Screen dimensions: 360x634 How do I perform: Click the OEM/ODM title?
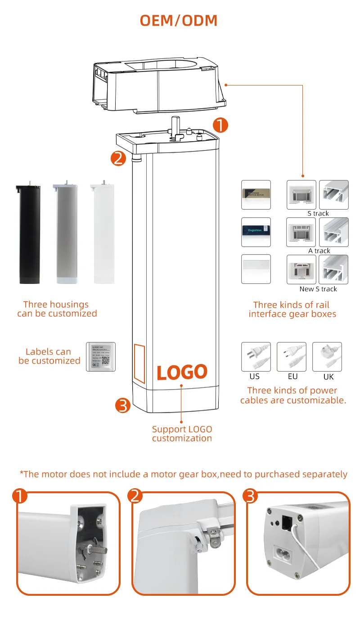179,20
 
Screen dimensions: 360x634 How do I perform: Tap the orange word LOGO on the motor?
182,372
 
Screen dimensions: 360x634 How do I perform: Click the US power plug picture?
256,357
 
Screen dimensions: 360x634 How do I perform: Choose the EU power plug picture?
291,357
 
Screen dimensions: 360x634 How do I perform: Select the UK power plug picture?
327,357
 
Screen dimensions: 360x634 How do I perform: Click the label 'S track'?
318,213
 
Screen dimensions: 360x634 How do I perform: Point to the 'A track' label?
319,251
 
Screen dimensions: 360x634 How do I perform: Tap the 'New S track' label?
318,289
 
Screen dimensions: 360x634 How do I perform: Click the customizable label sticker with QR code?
101,357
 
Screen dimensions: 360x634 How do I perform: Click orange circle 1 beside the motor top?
220,125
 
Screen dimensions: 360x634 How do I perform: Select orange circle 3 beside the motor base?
123,405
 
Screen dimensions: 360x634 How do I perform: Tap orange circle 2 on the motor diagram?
118,158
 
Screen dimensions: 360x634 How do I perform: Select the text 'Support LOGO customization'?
182,434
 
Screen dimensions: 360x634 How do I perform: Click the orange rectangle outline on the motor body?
139,364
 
